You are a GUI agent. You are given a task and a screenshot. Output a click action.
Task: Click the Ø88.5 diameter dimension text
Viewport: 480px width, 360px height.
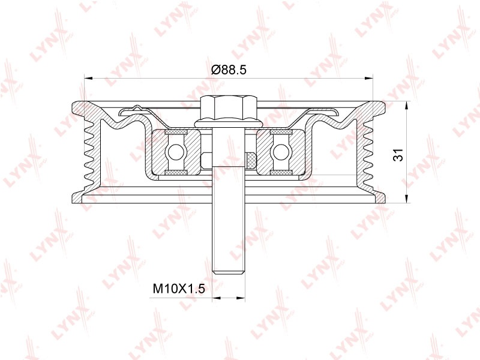[229, 70]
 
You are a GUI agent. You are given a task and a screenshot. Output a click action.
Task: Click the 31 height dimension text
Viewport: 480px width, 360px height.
[398, 155]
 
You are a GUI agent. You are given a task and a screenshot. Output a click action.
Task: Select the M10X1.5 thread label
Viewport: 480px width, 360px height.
[179, 289]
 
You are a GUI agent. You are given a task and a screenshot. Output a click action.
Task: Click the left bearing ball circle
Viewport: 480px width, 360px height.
[175, 152]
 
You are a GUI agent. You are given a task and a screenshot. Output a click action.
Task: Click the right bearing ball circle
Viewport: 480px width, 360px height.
[281, 152]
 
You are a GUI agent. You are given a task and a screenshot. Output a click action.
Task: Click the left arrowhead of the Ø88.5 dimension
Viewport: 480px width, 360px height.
[88, 79]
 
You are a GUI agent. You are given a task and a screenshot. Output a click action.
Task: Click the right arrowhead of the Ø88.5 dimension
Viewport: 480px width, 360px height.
[368, 79]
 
